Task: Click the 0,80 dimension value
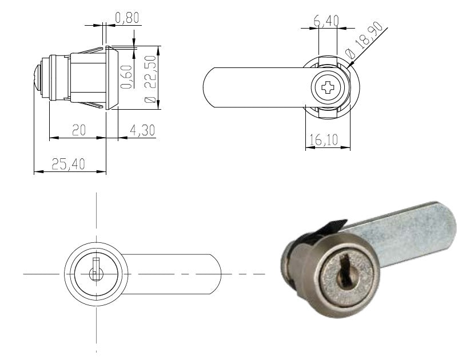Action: pos(127,18)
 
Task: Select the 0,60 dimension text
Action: pos(126,77)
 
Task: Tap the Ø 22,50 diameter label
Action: pos(150,79)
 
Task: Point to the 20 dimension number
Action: pos(79,130)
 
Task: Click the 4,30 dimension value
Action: pos(142,130)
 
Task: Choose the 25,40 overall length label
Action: pos(69,164)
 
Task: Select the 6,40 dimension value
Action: pos(326,21)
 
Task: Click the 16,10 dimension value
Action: pos(324,139)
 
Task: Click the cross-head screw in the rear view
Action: pos(328,87)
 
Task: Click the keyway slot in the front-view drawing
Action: pos(95,269)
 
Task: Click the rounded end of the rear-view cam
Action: pos(209,87)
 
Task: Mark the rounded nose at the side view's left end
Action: pos(38,78)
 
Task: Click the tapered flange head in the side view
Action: pos(111,78)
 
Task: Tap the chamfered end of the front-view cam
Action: pos(216,274)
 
